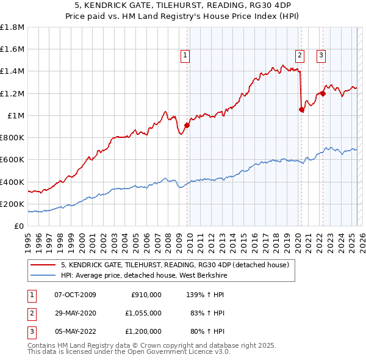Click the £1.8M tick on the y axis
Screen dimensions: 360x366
point(13,27)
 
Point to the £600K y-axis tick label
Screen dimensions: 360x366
point(12,160)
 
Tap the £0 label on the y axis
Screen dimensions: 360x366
point(19,226)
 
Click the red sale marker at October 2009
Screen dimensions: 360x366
point(187,126)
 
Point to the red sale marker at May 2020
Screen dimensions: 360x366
point(301,110)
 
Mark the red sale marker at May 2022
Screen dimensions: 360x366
point(323,93)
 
